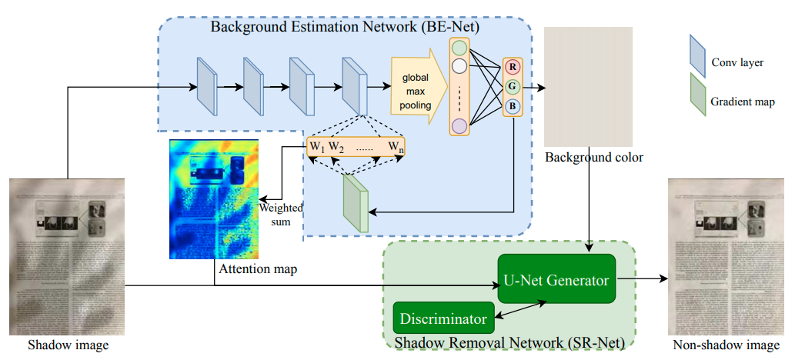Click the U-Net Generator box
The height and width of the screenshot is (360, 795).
pyautogui.click(x=556, y=280)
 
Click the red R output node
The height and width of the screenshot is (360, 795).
pyautogui.click(x=512, y=67)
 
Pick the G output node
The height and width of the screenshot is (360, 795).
pyautogui.click(x=512, y=86)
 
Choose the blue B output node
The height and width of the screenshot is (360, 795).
pyautogui.click(x=512, y=106)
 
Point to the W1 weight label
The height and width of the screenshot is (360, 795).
pyautogui.click(x=316, y=146)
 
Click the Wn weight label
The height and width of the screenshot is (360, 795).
pyautogui.click(x=396, y=146)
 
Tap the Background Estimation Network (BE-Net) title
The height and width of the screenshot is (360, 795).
pyautogui.click(x=345, y=28)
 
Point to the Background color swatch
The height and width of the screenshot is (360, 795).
pyautogui.click(x=587, y=86)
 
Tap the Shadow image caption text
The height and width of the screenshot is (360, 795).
pyautogui.click(x=68, y=345)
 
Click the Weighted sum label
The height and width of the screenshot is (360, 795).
pyautogui.click(x=281, y=215)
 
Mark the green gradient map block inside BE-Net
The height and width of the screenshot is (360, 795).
pyautogui.click(x=356, y=202)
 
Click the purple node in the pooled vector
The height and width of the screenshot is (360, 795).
pyautogui.click(x=459, y=125)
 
